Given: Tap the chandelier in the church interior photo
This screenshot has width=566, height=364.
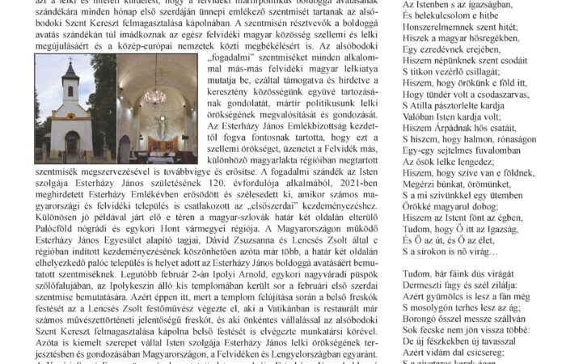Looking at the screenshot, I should pyautogui.click(x=155, y=95).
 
